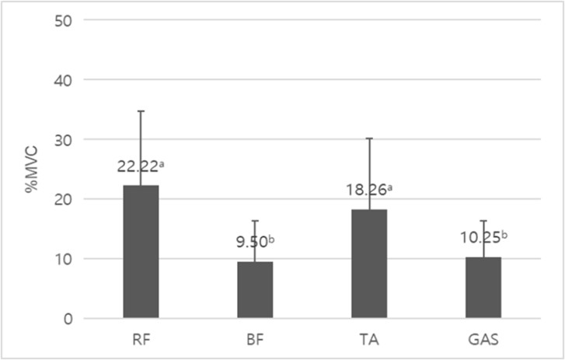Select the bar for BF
(x=255, y=289)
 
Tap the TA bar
(x=369, y=264)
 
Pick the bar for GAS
(x=483, y=287)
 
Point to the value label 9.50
(x=253, y=242)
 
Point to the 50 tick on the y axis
(x=64, y=20)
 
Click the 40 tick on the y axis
(x=64, y=80)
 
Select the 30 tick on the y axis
(x=64, y=140)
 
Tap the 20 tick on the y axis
(x=64, y=199)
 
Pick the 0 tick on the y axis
(x=68, y=318)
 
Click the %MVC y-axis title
(x=32, y=170)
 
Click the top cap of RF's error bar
(x=141, y=111)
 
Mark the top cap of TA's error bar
(x=369, y=138)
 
